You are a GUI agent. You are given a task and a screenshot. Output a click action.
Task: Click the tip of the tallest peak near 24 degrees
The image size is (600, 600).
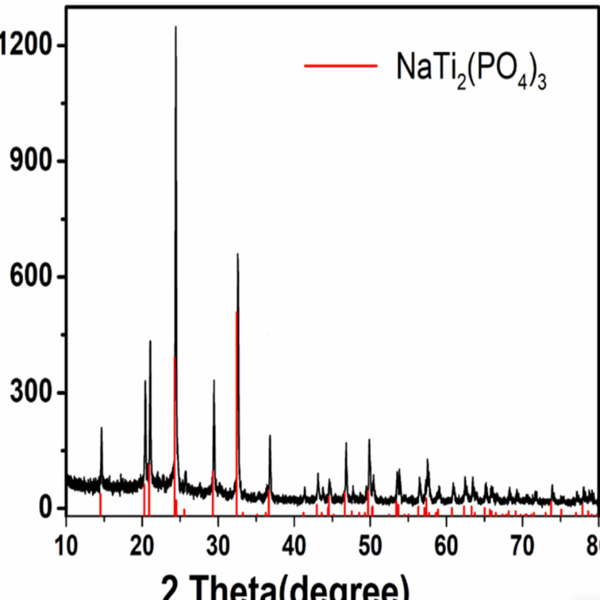click(176, 27)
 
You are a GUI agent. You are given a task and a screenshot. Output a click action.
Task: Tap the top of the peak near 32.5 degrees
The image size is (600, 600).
click(238, 254)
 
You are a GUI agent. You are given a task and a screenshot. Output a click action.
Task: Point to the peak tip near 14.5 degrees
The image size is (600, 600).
click(101, 428)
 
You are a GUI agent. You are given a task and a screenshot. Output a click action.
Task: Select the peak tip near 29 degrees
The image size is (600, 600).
click(214, 380)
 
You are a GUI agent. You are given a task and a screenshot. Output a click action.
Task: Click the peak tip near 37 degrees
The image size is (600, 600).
click(270, 436)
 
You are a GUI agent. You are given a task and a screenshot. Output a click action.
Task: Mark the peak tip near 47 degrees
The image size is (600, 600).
click(346, 443)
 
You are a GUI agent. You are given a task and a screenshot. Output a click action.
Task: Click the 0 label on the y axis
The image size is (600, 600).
click(47, 508)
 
